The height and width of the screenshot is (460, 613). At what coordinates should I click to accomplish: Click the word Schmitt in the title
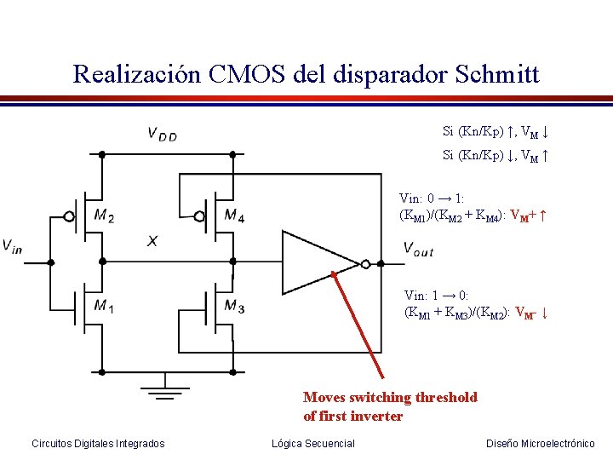(x=496, y=74)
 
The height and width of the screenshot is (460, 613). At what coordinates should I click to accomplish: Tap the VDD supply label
(x=162, y=134)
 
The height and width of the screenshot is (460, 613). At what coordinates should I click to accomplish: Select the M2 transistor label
(x=104, y=216)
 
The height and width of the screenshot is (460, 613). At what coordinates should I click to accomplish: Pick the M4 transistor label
(x=234, y=216)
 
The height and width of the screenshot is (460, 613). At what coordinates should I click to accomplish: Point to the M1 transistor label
(x=104, y=306)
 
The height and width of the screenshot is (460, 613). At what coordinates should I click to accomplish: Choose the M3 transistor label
(x=234, y=306)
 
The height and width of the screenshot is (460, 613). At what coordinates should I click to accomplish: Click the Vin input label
(x=13, y=247)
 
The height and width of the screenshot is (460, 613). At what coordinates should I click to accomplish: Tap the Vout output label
(x=418, y=249)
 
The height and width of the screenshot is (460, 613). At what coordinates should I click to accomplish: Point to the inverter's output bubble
(x=365, y=263)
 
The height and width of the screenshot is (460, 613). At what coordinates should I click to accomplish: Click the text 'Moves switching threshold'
(x=390, y=397)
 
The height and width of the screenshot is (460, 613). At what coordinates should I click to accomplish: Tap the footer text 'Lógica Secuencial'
(x=312, y=443)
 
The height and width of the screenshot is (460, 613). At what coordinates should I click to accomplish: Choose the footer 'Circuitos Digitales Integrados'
(x=98, y=443)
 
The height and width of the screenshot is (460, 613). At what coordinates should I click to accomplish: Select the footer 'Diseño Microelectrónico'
(x=540, y=443)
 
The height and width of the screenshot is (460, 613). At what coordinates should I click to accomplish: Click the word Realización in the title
(x=136, y=74)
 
